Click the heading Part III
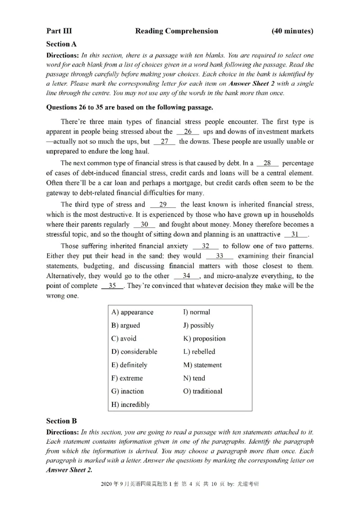pyautogui.click(x=59, y=31)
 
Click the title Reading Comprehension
pyautogui.click(x=176, y=31)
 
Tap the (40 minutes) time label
pyautogui.click(x=292, y=31)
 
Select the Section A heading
pyautogui.click(x=62, y=44)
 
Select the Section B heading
pyautogui.click(x=62, y=421)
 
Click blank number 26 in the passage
pyautogui.click(x=188, y=132)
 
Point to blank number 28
pyautogui.click(x=267, y=163)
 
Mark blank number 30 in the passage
pyautogui.click(x=144, y=224)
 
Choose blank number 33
pyautogui.click(x=220, y=256)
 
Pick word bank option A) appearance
pyautogui.click(x=132, y=312)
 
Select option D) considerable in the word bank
pyautogui.click(x=134, y=352)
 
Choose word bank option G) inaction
pyautogui.click(x=127, y=391)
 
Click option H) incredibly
pyautogui.click(x=130, y=404)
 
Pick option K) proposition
pyautogui.click(x=204, y=339)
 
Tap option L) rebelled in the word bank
pyautogui.click(x=199, y=352)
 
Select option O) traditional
pyautogui.click(x=202, y=391)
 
